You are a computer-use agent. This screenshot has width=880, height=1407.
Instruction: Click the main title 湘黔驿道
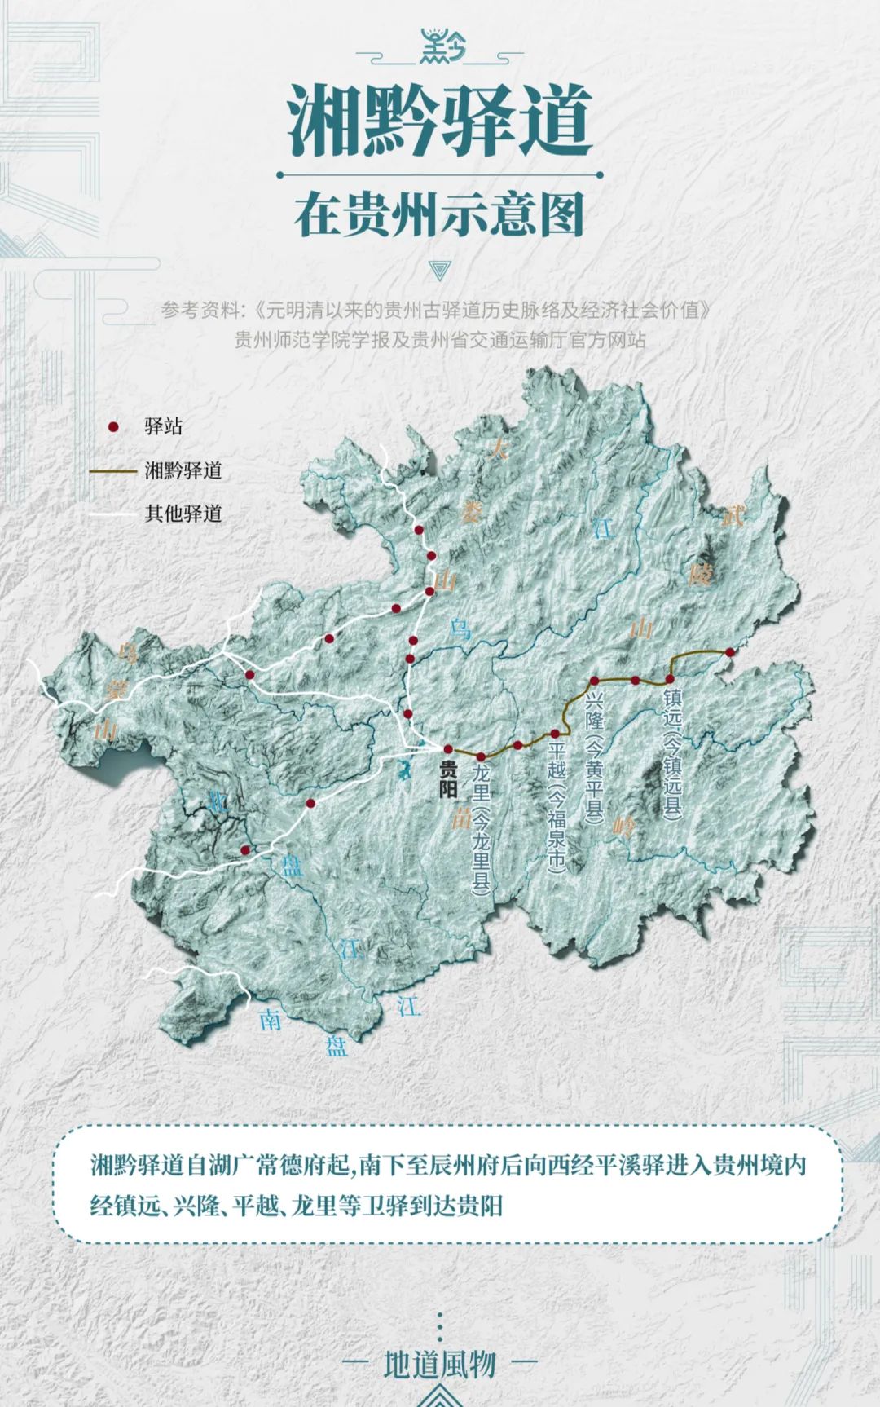440,122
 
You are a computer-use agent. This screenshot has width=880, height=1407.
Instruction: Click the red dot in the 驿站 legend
114,426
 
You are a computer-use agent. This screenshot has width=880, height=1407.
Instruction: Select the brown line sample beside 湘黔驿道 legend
114,470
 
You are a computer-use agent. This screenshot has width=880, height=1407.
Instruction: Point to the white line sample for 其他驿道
114,514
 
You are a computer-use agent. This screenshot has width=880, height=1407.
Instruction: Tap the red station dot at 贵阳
447,749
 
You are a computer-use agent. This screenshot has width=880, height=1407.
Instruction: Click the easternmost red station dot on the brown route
729,651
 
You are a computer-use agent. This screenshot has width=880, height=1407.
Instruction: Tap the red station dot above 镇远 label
670,679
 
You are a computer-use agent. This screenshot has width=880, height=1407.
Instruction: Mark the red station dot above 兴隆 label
595,681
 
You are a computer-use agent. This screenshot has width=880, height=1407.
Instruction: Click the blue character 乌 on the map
461,628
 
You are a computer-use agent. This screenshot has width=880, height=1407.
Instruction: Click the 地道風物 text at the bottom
440,1362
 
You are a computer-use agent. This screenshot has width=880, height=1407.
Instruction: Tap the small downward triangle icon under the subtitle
440,270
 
